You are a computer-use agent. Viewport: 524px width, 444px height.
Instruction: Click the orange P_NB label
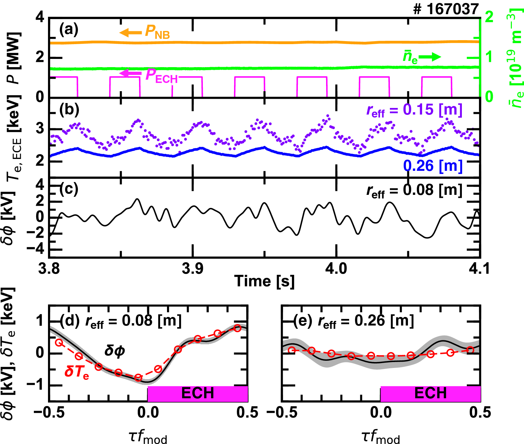157,32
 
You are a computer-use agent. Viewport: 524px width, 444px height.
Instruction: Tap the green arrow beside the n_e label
430,57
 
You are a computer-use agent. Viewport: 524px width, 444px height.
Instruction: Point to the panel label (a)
69,30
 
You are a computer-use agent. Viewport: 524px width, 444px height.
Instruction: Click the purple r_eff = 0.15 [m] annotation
414,110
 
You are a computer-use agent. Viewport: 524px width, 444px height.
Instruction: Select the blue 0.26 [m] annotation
433,166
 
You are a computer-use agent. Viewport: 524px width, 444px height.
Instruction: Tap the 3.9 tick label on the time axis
193,269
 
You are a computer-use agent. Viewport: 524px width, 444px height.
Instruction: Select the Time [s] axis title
264,282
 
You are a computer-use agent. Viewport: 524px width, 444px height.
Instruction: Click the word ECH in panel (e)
430,393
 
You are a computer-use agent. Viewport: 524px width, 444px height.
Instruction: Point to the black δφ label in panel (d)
115,351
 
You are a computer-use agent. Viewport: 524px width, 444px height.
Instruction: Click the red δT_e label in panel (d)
77,372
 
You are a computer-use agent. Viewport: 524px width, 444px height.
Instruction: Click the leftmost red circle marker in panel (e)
292,350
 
